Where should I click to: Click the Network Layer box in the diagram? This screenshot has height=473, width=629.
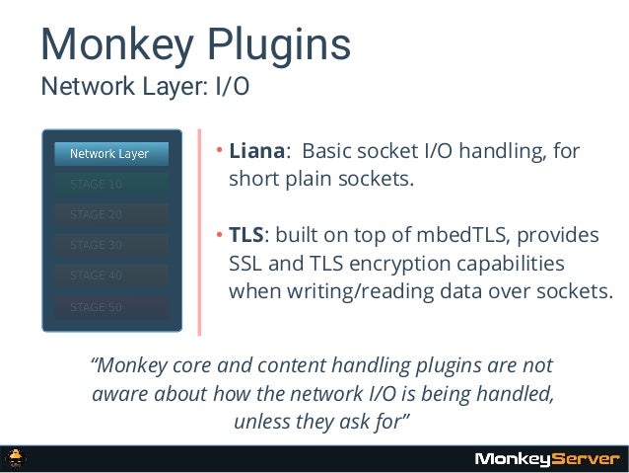click(x=110, y=153)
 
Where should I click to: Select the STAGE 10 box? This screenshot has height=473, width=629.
click(x=110, y=184)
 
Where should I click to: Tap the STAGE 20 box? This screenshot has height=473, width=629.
click(x=110, y=214)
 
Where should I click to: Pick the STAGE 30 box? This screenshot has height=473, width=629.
click(x=110, y=245)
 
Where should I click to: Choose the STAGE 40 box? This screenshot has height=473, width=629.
click(x=110, y=276)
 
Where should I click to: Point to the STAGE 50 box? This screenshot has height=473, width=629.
click(x=110, y=306)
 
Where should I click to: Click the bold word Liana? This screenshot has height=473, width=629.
click(x=256, y=153)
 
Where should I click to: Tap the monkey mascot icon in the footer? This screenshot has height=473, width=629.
click(x=18, y=458)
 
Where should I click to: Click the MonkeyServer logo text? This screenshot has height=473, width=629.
click(x=546, y=458)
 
